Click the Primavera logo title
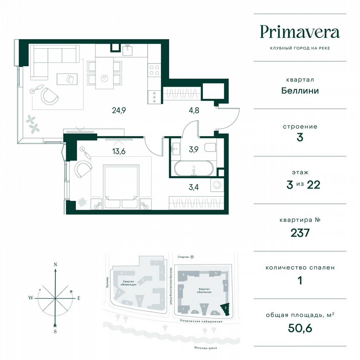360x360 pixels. [300, 32]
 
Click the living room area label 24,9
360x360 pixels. [119, 110]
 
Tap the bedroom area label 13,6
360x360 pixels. [119, 151]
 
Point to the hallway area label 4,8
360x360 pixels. [192, 110]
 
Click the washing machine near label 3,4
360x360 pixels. [216, 186]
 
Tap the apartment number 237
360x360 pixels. [300, 232]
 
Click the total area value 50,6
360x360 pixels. [300, 328]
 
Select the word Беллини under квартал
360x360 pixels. [300, 90]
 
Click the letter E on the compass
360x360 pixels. [78, 298]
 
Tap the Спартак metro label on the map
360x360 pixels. [183, 257]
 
